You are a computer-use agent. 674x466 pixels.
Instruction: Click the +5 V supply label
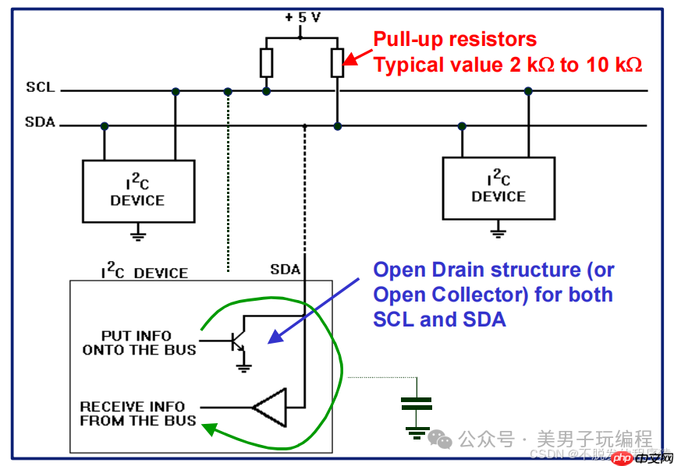click(x=303, y=16)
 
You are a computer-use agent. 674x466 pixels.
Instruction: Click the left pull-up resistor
click(x=267, y=62)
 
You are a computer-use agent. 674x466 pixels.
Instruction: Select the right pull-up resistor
click(x=337, y=62)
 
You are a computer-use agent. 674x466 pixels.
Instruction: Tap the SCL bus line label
click(x=41, y=87)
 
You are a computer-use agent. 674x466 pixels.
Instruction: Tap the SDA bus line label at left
click(x=41, y=122)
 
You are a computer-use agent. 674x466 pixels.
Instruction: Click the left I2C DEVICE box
click(x=138, y=191)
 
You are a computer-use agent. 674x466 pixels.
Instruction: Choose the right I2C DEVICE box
click(x=498, y=188)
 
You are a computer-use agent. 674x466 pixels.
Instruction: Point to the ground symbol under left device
click(x=138, y=231)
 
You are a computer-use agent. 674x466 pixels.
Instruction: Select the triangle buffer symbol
click(x=269, y=407)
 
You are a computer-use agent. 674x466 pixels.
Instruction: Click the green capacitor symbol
click(x=417, y=404)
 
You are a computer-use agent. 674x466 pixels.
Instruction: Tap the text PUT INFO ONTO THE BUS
click(x=139, y=343)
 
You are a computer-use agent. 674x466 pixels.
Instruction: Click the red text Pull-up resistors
click(x=455, y=39)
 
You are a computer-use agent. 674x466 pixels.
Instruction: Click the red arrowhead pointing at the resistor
click(x=349, y=60)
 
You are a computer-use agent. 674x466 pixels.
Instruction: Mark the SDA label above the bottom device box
click(x=285, y=270)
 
